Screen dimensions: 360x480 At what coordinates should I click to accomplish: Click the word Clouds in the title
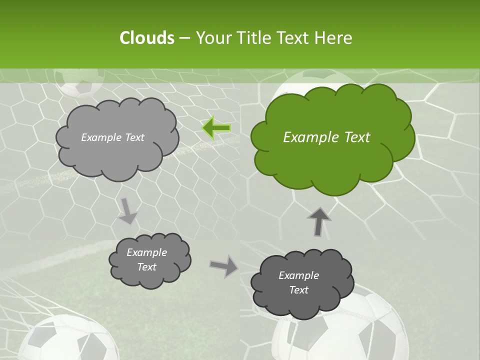pos(146,38)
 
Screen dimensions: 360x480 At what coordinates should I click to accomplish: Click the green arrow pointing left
pos(216,128)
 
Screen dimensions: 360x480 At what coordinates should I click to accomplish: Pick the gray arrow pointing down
pos(127,210)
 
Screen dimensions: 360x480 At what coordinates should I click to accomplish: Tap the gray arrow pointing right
pos(224,266)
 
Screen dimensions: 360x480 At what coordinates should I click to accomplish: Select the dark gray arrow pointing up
pos(318,221)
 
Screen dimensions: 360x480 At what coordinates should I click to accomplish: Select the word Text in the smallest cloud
pos(147,267)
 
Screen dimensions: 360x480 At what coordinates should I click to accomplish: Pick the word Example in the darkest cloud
pos(298,275)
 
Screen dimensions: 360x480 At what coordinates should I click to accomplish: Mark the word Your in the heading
pos(212,38)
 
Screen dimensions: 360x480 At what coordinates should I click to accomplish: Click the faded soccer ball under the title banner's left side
pos(79,83)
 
